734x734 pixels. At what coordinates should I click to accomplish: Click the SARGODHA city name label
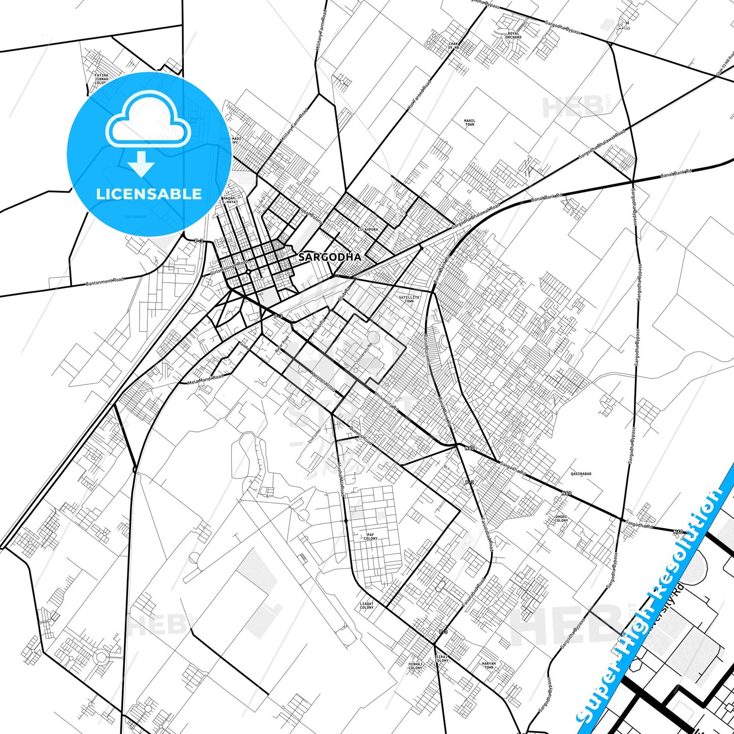[330, 257]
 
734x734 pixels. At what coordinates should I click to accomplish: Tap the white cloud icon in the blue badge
[148, 120]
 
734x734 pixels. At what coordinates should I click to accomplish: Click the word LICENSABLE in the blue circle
[149, 194]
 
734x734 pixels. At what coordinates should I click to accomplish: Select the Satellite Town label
[409, 299]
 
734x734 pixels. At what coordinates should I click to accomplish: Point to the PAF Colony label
[371, 536]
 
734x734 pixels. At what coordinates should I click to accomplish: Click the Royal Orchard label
[514, 36]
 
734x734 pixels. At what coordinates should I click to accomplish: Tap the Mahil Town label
[469, 122]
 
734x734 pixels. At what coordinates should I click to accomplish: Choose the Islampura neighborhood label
[368, 230]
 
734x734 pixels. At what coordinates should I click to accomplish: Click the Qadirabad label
[581, 473]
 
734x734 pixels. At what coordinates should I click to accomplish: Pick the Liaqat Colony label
[366, 605]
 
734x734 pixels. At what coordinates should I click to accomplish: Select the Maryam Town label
[489, 665]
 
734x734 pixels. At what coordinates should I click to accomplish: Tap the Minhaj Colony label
[415, 666]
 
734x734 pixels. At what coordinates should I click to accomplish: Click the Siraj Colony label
[441, 659]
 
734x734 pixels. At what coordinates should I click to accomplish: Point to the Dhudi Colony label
[561, 519]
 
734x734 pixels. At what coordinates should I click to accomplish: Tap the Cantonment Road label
[104, 281]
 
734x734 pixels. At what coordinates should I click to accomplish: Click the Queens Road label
[361, 435]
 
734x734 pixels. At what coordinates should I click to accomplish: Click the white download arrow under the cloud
[141, 164]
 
